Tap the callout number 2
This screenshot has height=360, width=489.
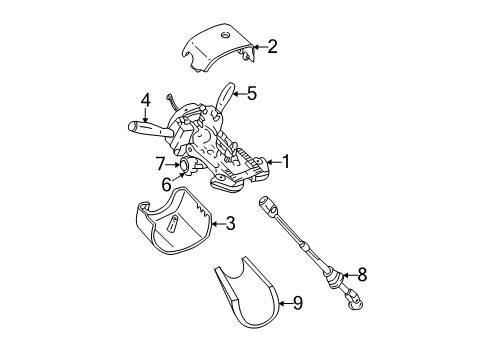[x=272, y=45]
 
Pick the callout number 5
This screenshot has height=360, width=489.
[x=251, y=94]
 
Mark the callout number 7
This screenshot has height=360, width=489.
[x=159, y=161]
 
